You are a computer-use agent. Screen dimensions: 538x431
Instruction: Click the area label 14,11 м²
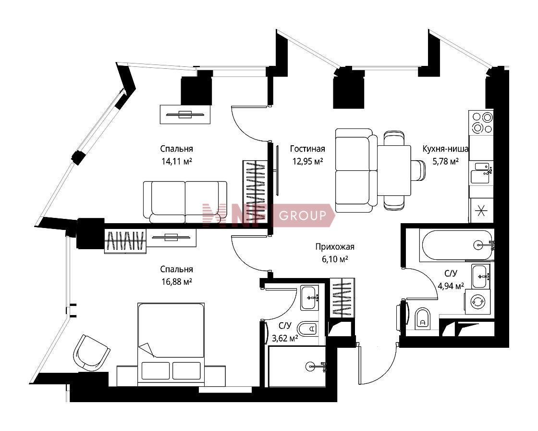click(x=177, y=161)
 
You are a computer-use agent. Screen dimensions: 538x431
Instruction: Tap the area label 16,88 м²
click(x=177, y=282)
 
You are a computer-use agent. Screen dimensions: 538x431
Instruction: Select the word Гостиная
click(x=307, y=149)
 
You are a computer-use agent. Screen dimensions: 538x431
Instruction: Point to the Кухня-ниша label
click(x=445, y=149)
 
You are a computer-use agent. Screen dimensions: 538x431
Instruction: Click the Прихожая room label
click(x=335, y=247)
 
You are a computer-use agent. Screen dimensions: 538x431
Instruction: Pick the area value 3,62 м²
click(x=285, y=339)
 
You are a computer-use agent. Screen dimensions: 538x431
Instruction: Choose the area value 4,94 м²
click(x=451, y=286)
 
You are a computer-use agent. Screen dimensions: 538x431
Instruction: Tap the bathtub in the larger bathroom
click(x=456, y=245)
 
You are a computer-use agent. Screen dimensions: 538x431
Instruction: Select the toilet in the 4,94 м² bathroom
click(x=422, y=318)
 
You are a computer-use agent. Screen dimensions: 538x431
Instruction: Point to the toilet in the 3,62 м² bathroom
click(x=308, y=329)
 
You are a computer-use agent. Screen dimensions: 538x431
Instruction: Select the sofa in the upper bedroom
click(x=185, y=202)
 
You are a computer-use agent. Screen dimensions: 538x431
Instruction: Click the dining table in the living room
click(x=394, y=170)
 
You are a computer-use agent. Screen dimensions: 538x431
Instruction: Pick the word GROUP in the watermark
click(x=303, y=216)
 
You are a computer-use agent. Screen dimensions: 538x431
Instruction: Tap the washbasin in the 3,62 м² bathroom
click(x=310, y=298)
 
